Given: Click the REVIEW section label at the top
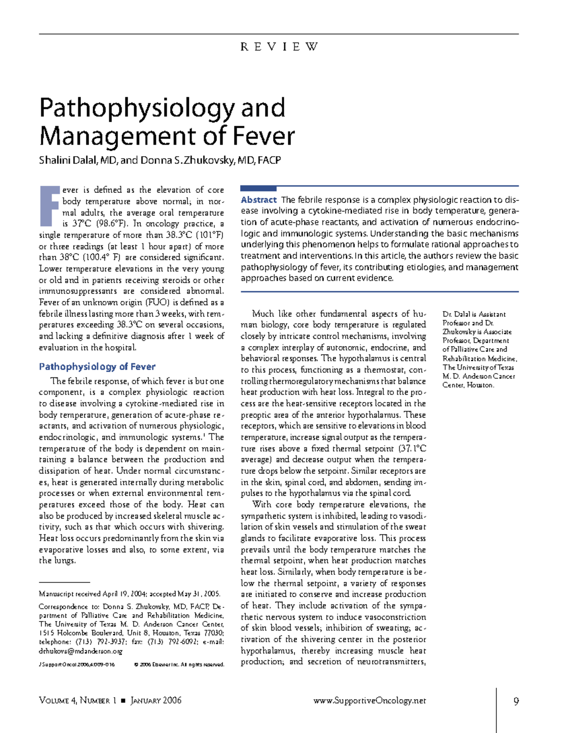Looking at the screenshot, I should (x=279, y=47).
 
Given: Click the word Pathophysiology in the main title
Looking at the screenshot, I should (x=137, y=108).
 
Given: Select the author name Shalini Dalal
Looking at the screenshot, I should (x=68, y=160).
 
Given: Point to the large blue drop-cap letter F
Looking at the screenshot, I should (x=49, y=206).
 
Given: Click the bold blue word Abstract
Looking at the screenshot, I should (x=258, y=200).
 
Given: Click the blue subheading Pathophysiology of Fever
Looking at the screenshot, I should (x=97, y=366).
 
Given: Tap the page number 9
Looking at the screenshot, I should (x=516, y=701).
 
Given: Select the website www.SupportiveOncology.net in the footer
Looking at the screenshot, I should (x=369, y=701).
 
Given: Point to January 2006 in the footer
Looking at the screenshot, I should (x=156, y=701).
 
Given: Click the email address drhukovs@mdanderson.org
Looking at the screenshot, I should (x=80, y=651).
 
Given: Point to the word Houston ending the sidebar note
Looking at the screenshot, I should (x=480, y=385).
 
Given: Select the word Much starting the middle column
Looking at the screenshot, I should (x=263, y=314).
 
